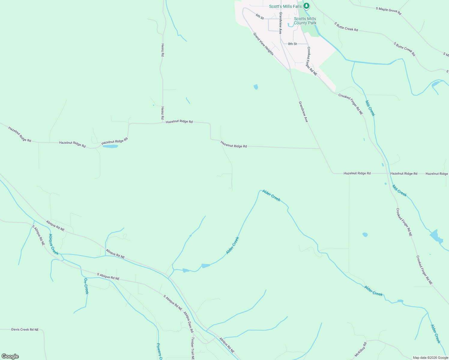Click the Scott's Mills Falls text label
[x=285, y=6]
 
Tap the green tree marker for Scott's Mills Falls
[x=306, y=6]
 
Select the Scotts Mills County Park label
[x=305, y=21]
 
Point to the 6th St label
[x=260, y=16]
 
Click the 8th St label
[x=292, y=44]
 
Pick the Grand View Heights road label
[x=264, y=44]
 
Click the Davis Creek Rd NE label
[x=25, y=329]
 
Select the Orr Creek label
[x=86, y=286]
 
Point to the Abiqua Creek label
[x=53, y=244]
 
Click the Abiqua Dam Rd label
[x=188, y=322]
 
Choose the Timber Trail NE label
[x=193, y=348]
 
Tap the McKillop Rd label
[x=360, y=349]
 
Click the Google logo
[x=10, y=356]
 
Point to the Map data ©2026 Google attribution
[x=430, y=358]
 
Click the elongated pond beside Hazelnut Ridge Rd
[x=110, y=146]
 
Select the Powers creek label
[x=159, y=351]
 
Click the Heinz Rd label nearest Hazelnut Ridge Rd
[x=162, y=112]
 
